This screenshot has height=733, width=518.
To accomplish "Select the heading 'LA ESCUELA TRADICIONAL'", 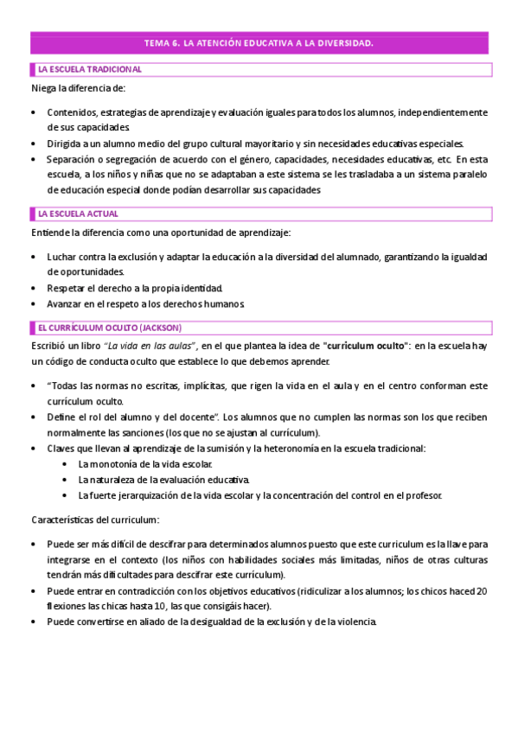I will (90, 69).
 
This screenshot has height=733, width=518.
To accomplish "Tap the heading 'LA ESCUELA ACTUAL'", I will (79, 214).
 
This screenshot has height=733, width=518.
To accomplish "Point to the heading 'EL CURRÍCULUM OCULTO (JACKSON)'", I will (109, 327).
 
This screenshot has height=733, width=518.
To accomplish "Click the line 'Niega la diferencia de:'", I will (79, 88).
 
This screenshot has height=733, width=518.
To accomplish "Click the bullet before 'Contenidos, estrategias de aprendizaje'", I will (34, 112).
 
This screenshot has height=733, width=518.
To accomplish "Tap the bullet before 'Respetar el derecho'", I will (34, 288).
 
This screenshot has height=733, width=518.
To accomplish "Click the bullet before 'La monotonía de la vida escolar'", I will (67, 464).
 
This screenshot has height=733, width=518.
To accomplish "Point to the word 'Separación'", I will (74, 159).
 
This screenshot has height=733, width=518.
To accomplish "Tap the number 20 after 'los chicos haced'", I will (482, 590).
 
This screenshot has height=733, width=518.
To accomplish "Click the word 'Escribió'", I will (51, 345).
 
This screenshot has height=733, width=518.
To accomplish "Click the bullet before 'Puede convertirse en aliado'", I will (34, 621).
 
